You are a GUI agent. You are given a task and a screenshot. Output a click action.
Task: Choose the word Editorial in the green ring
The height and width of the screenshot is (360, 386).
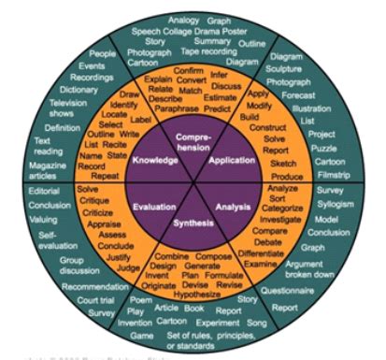(x=44, y=190)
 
